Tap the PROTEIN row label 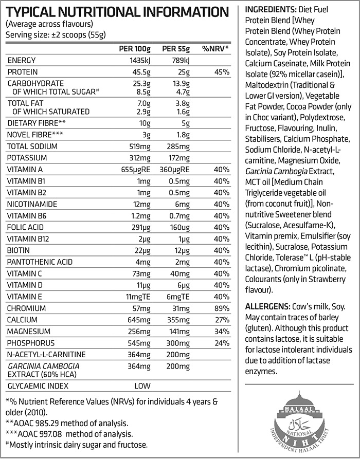click(x=23, y=72)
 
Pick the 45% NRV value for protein click(x=222, y=72)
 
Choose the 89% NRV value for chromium click(x=222, y=308)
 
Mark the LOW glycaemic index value click(x=142, y=384)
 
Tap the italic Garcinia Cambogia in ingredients click(x=278, y=171)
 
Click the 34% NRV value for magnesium click(x=222, y=332)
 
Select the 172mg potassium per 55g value click(x=179, y=158)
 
